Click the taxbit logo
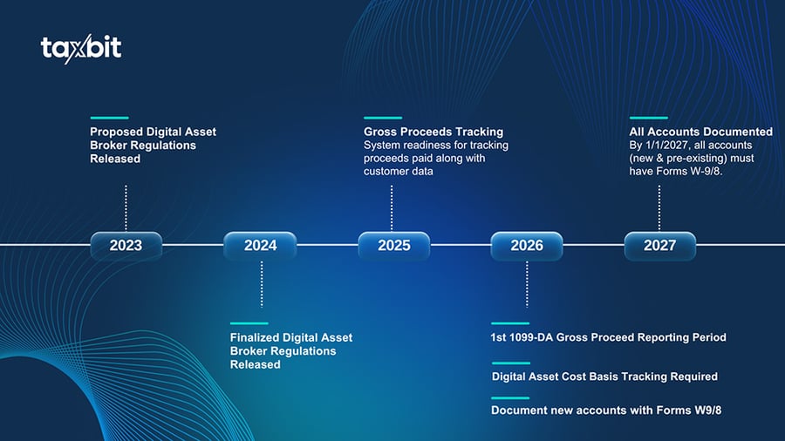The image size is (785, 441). [81, 49]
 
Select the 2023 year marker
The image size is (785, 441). [126, 246]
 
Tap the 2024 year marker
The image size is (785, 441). [260, 246]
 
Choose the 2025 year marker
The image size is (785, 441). [393, 246]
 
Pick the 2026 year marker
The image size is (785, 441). [527, 246]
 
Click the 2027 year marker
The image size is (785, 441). [659, 246]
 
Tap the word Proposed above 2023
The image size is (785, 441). [116, 132]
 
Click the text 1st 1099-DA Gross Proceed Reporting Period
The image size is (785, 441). [608, 337]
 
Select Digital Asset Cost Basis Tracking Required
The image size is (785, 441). [604, 377]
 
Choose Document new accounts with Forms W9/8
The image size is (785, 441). [606, 410]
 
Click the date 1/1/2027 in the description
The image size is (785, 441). [671, 145]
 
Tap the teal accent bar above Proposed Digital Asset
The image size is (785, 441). [109, 118]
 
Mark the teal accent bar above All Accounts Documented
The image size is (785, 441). [648, 118]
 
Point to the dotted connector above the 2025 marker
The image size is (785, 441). [392, 207]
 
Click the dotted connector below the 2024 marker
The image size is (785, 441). [261, 284]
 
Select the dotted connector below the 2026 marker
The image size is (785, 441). [527, 284]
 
